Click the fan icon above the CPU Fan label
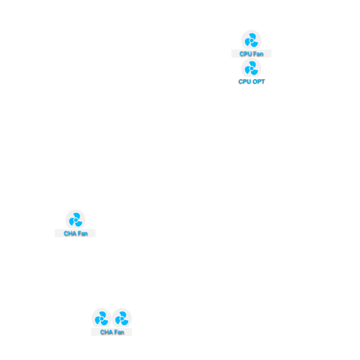[x=252, y=40]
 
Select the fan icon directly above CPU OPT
[x=252, y=68]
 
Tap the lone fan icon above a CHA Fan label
[x=75, y=220]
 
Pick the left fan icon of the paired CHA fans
[x=102, y=318]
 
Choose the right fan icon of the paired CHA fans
[x=122, y=318]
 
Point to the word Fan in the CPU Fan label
[x=258, y=54]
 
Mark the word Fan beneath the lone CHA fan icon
[x=83, y=233]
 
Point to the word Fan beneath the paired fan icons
[x=119, y=332]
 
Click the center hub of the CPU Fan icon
[x=252, y=40]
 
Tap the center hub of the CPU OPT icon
[x=252, y=69]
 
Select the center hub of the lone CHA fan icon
[x=76, y=220]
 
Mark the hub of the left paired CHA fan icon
[x=102, y=319]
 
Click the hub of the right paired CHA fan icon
[x=122, y=319]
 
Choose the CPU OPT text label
[x=252, y=81]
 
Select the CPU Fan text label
[x=252, y=54]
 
